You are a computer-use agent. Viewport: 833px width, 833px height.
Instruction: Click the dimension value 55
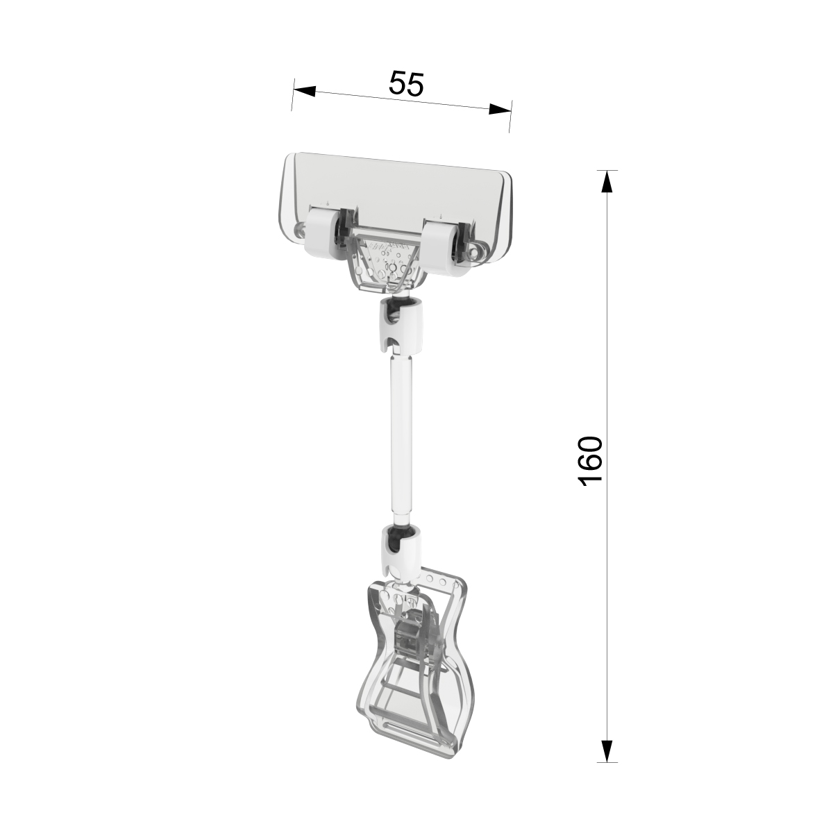coord(406,83)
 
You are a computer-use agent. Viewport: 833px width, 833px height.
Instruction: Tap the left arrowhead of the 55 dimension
coord(304,91)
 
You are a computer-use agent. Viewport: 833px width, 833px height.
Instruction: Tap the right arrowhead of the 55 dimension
coord(500,109)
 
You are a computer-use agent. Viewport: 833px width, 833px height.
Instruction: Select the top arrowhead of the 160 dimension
coord(607,181)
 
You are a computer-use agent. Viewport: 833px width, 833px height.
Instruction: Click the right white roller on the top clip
coord(440,248)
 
